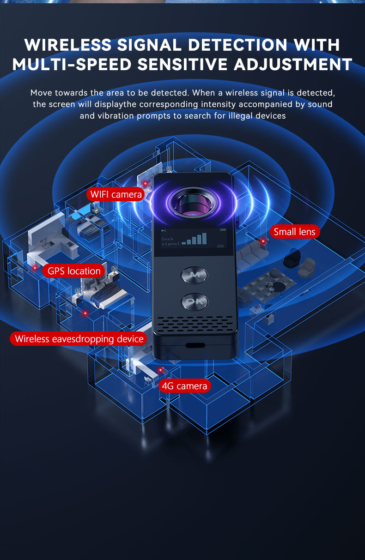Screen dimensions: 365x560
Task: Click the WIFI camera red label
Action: [116, 194]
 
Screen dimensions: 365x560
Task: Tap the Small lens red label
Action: [295, 232]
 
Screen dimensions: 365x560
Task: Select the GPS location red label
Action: [73, 271]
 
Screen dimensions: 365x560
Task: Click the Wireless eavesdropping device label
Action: [79, 339]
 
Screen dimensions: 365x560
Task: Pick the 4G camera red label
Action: [185, 386]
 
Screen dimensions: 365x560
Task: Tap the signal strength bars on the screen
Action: [195, 239]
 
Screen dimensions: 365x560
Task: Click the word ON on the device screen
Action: [220, 246]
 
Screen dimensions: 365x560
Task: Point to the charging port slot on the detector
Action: [195, 345]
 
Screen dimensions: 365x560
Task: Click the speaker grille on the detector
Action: [195, 324]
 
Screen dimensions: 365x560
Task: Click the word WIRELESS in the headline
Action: [68, 45]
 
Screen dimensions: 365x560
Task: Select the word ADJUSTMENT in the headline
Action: [293, 65]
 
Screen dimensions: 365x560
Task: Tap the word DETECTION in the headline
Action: [237, 45]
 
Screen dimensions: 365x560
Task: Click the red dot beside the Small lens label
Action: [263, 241]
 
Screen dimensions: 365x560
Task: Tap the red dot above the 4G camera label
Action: [161, 369]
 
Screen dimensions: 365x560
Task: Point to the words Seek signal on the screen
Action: [170, 241]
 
